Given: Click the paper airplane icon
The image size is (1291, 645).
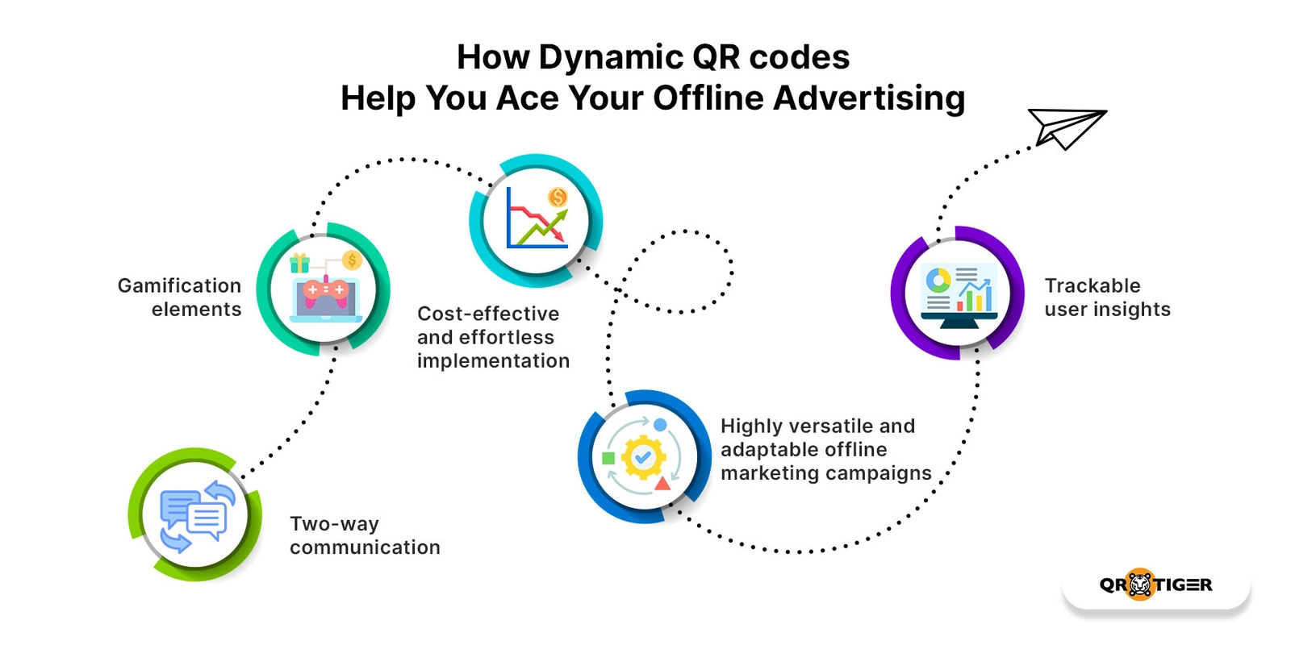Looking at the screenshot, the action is point(1065,127).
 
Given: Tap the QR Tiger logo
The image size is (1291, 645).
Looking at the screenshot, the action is point(1155,585).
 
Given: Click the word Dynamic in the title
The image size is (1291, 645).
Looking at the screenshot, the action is point(610,58).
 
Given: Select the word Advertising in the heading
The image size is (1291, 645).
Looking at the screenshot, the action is point(869,98).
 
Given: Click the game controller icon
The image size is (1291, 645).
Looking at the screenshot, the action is point(326,289).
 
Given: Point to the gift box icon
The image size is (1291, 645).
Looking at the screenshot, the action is point(299,263).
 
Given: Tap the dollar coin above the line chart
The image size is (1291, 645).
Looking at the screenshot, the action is point(558,198).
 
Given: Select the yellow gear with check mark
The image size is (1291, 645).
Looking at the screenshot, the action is point(642,457).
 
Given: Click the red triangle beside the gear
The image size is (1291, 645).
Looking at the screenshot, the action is point(662,483).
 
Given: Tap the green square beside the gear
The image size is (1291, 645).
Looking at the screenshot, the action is point(608,458).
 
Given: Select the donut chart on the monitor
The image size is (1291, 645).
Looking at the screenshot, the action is point(938,281).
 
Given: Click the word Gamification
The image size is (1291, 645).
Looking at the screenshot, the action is point(179,285).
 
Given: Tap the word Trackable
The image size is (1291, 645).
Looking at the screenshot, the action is point(1093,285).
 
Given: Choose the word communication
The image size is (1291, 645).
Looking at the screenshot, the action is point(365,547).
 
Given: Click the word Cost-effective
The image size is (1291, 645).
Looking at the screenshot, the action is point(488,314).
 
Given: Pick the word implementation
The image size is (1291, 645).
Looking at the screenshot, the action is point(493,361).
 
